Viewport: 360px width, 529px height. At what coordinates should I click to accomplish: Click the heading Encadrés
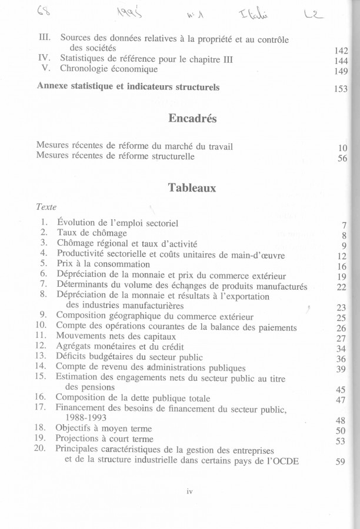click(x=192, y=119)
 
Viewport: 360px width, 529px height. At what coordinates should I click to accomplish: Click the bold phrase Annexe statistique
click(x=78, y=86)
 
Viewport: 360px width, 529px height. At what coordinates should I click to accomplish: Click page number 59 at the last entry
click(x=340, y=462)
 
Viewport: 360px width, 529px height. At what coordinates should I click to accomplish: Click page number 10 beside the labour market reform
click(x=343, y=148)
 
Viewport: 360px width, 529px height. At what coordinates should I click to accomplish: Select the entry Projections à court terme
click(x=104, y=438)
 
